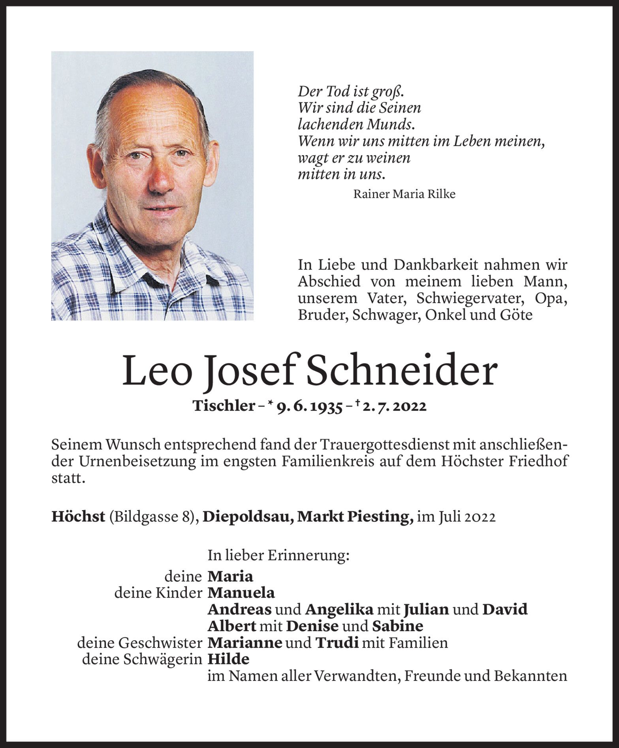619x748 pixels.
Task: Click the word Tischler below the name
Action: tap(223, 406)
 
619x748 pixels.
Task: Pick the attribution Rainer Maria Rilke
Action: tap(404, 194)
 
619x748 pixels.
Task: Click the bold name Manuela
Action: tap(241, 593)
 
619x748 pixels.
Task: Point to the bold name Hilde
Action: tap(228, 659)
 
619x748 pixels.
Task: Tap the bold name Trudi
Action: tap(337, 643)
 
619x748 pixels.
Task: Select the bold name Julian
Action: tap(426, 610)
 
